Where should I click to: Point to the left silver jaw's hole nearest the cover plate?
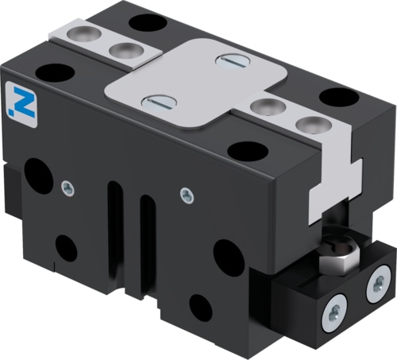tap(122, 51)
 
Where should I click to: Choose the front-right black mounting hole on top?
tap(249, 149)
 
